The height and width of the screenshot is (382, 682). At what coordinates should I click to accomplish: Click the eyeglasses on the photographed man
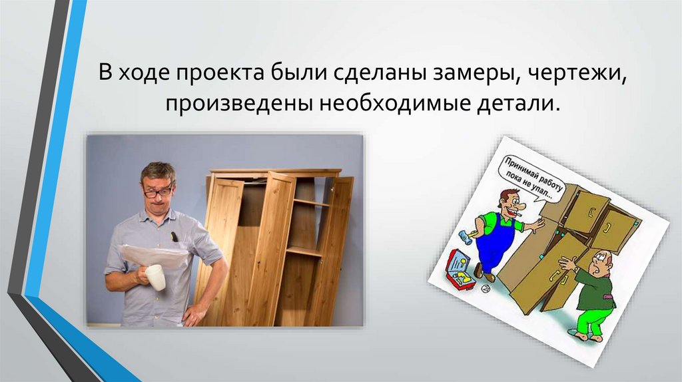158,192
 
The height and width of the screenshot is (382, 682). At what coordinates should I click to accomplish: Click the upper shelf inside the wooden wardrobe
310,202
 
